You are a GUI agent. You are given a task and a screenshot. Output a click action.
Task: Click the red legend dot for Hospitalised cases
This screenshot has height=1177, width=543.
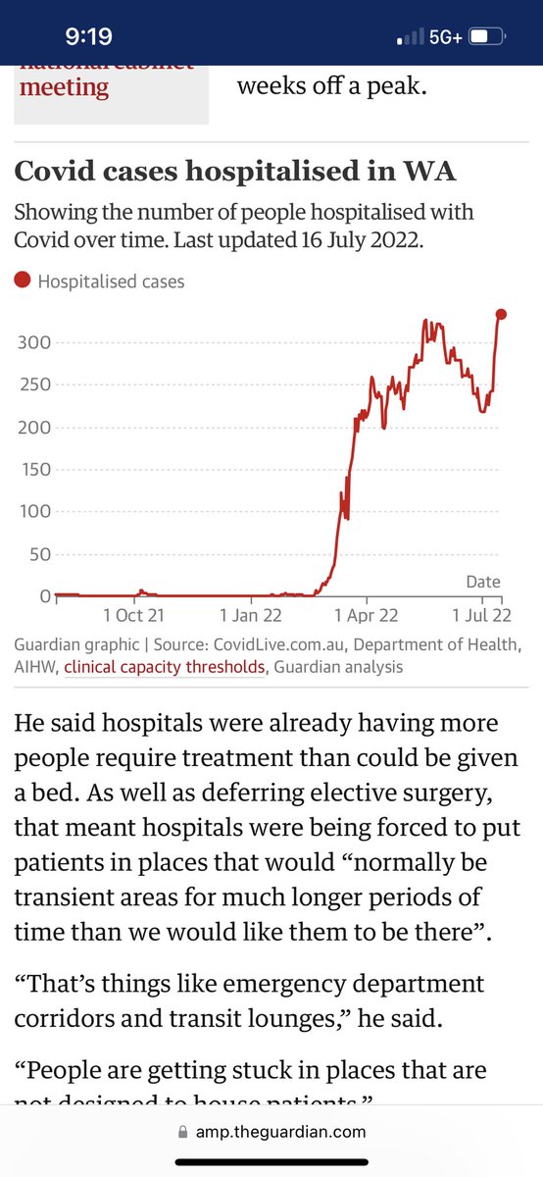pos(24,281)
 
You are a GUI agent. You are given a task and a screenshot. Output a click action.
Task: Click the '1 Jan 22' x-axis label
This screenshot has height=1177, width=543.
pos(253,616)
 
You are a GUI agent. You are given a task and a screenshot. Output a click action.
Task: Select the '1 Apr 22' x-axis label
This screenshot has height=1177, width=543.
pos(366,616)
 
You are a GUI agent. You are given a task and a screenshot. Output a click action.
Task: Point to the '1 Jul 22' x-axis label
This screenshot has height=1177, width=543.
pos(481,616)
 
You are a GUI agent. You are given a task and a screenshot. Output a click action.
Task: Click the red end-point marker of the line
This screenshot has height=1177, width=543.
pos(501,314)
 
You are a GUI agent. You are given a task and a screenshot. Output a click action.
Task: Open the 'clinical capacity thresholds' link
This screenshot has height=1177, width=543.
pos(165,667)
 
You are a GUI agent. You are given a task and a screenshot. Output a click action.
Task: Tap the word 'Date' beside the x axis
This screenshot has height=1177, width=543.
pos(482,582)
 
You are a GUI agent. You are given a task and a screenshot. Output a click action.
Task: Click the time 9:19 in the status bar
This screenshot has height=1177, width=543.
pos(88,37)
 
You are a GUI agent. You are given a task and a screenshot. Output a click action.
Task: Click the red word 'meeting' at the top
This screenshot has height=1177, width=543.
pos(64,86)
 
